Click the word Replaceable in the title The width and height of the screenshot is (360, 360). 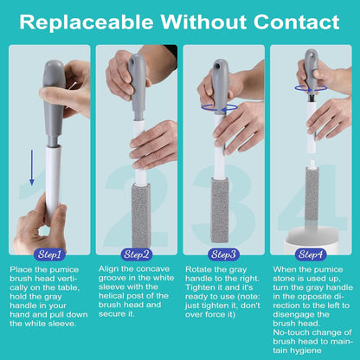pos(87,22)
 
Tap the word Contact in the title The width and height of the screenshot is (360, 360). pos(297,22)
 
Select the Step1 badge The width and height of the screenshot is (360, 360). pos(49,254)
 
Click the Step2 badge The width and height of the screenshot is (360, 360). pos(137,254)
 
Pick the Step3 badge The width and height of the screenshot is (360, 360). pos(223,254)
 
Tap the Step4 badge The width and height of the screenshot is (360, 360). pos(311,254)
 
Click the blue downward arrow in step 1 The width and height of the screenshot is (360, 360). pos(32,168)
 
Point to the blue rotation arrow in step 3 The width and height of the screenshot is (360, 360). pos(220,108)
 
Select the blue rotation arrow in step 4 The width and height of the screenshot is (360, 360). pos(311,88)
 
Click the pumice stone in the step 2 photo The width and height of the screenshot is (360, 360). pos(141,215)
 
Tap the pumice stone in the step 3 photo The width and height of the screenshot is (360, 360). pos(220,210)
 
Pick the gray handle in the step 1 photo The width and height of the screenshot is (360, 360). pos(54,102)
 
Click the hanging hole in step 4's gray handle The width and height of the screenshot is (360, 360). pos(312,55)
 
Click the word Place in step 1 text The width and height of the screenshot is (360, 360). pos(21,270)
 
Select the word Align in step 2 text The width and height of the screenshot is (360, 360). pos(108,269)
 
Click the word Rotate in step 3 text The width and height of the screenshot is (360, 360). pos(198,270)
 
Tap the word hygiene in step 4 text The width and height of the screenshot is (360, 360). pos(305,350)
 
